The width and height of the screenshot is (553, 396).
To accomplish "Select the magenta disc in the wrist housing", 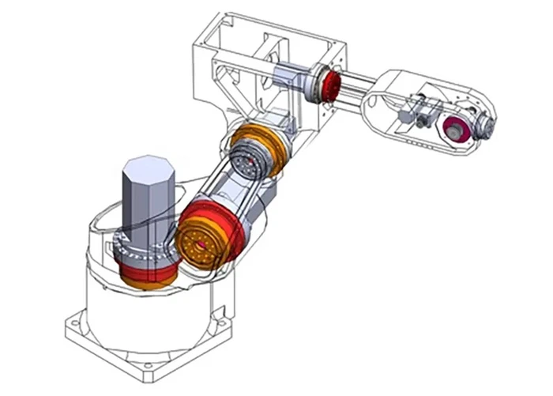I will coord(456,130).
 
